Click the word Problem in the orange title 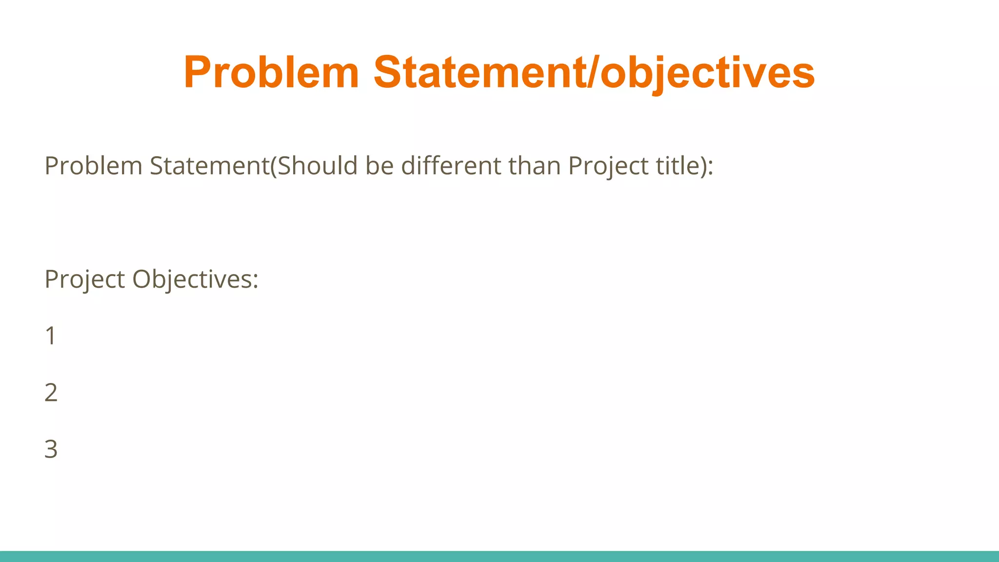tap(271, 72)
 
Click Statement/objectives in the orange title tap(594, 72)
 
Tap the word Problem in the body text tap(93, 166)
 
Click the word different tap(452, 166)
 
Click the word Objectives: tap(195, 280)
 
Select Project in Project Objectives tap(84, 280)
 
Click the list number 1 tap(51, 336)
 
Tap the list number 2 tap(51, 393)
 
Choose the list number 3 tap(51, 449)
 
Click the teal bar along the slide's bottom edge tap(499, 556)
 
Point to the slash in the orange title tap(594, 72)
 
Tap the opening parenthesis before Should tap(274, 166)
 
